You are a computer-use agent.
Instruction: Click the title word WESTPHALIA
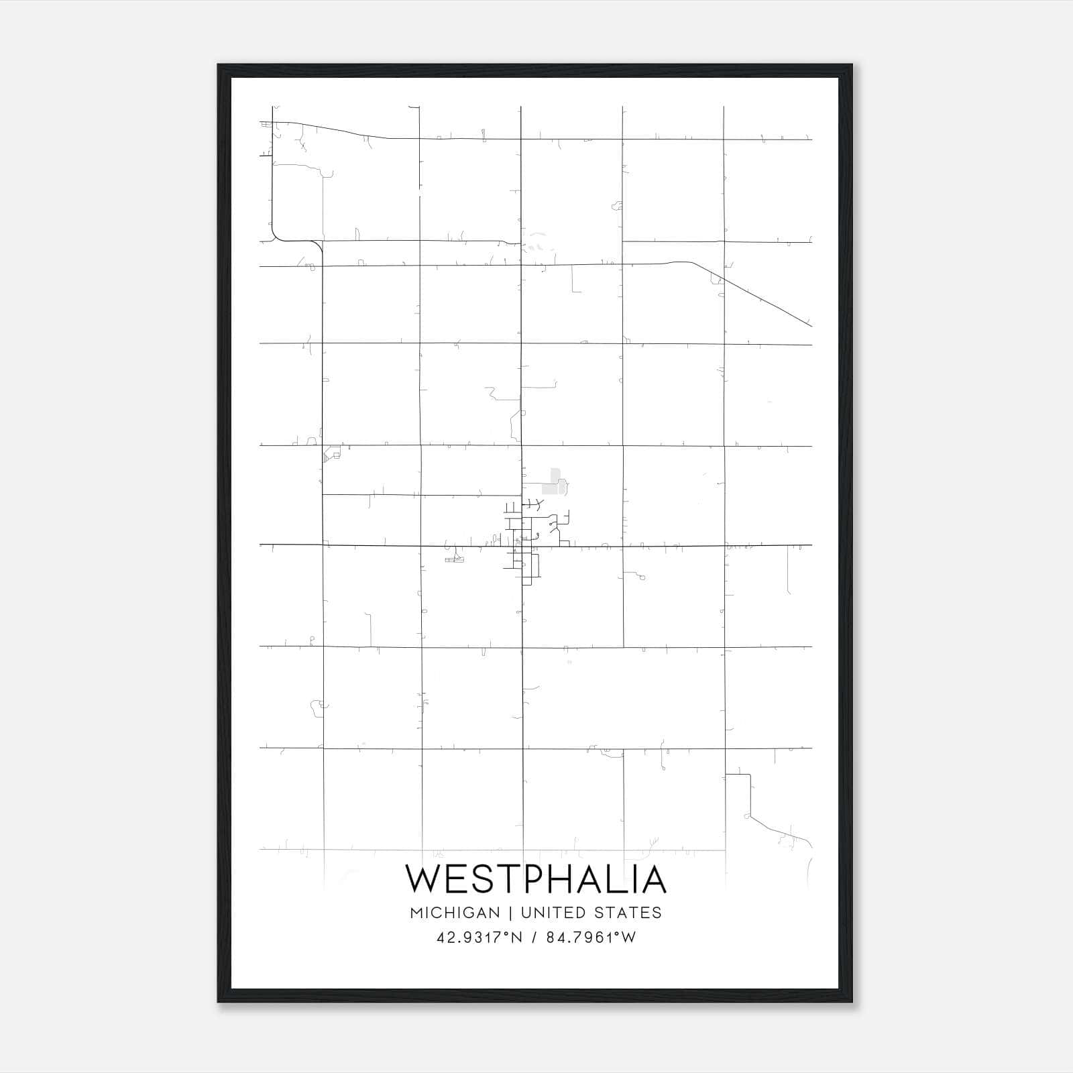pos(536,879)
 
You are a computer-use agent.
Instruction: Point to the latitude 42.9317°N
pos(479,938)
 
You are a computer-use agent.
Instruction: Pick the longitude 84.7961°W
pos(591,938)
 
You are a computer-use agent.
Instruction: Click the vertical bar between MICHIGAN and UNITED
pos(510,913)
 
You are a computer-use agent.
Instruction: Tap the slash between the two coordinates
pos(534,938)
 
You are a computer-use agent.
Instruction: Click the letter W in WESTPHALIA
pos(422,879)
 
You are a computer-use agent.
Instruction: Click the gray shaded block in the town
pos(554,482)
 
